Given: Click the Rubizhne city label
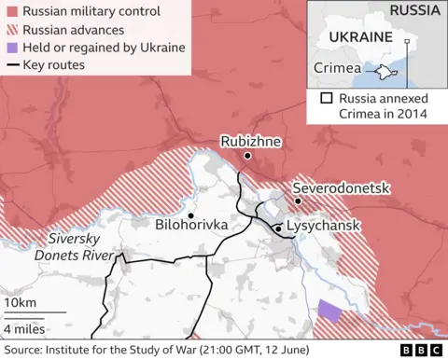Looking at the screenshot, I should pos(250,141).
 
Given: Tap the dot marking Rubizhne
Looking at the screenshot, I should pos(247,156).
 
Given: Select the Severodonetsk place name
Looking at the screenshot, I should pos(341,187).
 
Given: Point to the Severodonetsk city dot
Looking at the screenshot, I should pos(298,201).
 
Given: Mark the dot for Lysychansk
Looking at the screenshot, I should pos(278,228).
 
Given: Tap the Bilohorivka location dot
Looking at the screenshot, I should pos(190,215).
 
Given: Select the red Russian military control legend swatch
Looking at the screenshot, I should pos(11,12).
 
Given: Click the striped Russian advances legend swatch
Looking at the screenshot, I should pos(11,30).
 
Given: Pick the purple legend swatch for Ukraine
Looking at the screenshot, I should pos(11,48).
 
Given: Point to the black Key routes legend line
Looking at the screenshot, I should pos(11,65).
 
